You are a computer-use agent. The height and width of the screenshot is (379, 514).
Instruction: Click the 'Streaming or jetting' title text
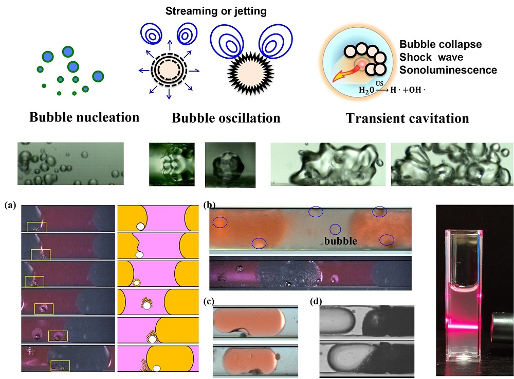(216, 11)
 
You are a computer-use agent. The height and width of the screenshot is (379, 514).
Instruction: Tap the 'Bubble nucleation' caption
(84, 117)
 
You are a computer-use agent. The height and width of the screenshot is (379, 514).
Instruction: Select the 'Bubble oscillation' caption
(226, 118)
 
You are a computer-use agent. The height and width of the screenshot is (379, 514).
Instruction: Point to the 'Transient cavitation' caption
(408, 118)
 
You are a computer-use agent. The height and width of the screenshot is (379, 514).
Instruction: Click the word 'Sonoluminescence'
(448, 70)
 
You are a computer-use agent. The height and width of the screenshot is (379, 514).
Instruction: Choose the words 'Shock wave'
(431, 57)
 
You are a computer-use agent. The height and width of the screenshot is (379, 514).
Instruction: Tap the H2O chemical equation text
(392, 89)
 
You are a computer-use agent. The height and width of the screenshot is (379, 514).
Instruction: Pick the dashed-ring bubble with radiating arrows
(169, 70)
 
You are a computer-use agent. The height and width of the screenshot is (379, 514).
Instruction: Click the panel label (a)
(10, 205)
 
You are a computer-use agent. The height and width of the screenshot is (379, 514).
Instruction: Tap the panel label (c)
(209, 301)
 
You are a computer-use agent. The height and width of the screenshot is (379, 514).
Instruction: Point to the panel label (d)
(316, 301)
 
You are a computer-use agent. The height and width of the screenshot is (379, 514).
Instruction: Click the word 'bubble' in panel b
(341, 240)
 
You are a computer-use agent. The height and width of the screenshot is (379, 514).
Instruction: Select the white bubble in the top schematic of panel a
(141, 226)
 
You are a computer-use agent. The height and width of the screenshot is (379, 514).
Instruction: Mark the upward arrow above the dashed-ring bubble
(169, 45)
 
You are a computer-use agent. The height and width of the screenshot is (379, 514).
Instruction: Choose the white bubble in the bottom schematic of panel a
(157, 369)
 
